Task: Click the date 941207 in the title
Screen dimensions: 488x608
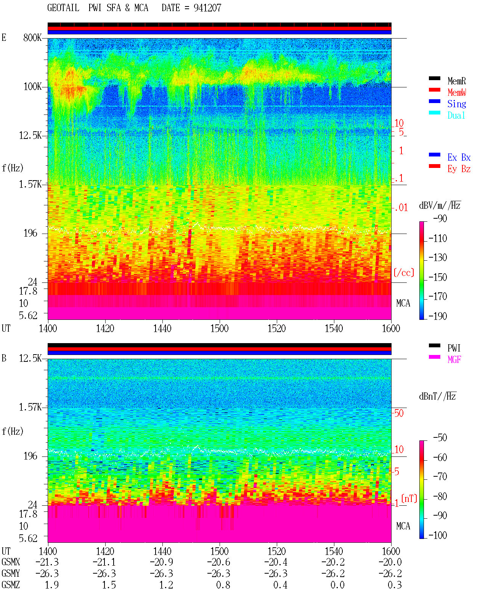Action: click(207, 8)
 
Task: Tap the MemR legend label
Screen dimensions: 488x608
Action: click(456, 81)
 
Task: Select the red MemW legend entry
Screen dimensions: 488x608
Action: click(457, 92)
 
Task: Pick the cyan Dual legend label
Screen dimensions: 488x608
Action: click(456, 115)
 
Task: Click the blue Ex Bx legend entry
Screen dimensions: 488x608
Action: click(459, 157)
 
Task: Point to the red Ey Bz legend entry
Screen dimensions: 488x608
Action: click(459, 169)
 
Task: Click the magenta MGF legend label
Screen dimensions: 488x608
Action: click(454, 360)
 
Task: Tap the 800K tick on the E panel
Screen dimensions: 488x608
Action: click(32, 37)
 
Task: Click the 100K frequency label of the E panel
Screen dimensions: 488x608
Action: click(32, 87)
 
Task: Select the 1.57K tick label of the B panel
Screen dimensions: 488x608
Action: click(30, 407)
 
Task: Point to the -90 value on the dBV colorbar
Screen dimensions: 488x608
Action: click(440, 218)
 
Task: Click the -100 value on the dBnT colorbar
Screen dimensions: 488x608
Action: click(438, 535)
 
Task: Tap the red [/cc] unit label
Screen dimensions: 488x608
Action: click(404, 273)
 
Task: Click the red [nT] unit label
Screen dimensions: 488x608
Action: click(409, 498)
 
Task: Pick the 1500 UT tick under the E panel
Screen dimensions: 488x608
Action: click(219, 328)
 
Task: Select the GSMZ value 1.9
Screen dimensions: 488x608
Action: click(52, 585)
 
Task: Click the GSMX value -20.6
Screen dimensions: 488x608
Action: click(219, 562)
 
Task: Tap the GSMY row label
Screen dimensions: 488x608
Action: click(11, 574)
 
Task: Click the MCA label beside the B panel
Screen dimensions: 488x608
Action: click(403, 526)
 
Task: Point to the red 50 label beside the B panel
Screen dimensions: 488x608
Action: click(399, 413)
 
